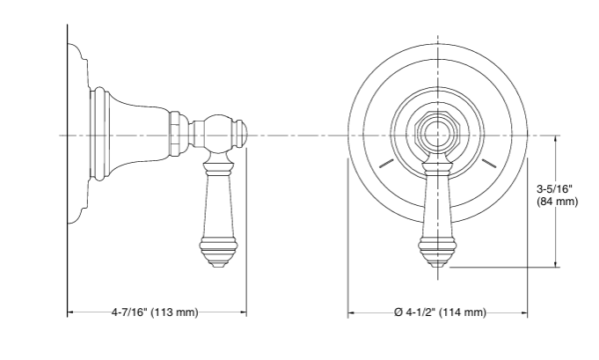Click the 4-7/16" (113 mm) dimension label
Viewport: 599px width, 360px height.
[x=155, y=312]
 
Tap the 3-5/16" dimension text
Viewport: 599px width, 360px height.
[x=554, y=189]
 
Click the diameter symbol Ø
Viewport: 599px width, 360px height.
[x=398, y=312]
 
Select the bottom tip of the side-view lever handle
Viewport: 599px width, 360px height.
[x=216, y=268]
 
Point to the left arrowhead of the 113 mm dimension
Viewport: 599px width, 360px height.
[x=70, y=312]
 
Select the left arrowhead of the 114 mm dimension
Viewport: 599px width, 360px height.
[x=351, y=312]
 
